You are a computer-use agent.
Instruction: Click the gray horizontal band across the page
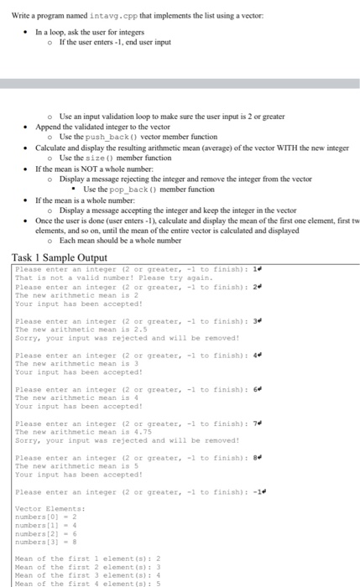pos(180,84)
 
